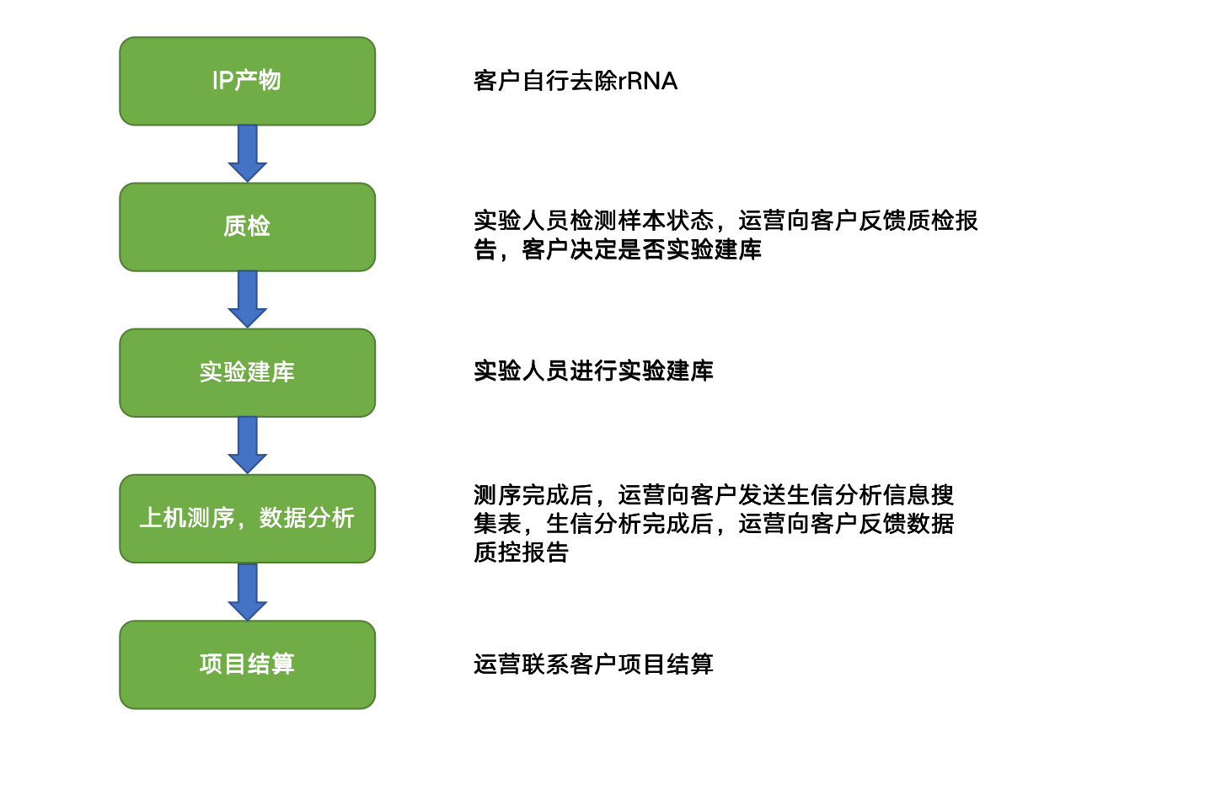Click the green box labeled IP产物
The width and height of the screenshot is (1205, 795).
pyautogui.click(x=248, y=81)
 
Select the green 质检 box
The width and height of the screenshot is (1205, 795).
pyautogui.click(x=248, y=227)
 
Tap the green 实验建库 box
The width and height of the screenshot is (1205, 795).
pyautogui.click(x=248, y=373)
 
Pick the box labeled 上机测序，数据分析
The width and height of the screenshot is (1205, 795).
pyautogui.click(x=248, y=519)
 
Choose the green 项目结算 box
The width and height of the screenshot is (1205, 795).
pyautogui.click(x=248, y=665)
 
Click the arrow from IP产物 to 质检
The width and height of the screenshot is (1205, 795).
pyautogui.click(x=248, y=154)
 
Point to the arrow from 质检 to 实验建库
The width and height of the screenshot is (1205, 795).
pyautogui.click(x=248, y=300)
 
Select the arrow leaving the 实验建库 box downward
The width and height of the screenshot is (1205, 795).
pyautogui.click(x=248, y=445)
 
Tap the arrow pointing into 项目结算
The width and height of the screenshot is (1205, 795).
pyautogui.click(x=248, y=592)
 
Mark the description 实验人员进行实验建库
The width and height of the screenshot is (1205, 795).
pyautogui.click(x=593, y=371)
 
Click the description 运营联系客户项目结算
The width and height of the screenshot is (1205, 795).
pyautogui.click(x=593, y=664)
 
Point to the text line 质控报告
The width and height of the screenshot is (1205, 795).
pyautogui.click(x=521, y=552)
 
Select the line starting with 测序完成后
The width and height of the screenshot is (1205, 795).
pyautogui.click(x=714, y=495)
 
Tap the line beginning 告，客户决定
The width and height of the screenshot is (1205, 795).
pyautogui.click(x=618, y=249)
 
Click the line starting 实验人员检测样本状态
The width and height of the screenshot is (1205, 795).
pyautogui.click(x=726, y=221)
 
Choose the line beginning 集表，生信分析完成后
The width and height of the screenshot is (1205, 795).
pyautogui.click(x=714, y=524)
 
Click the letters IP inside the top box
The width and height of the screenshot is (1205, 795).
pyautogui.click(x=223, y=81)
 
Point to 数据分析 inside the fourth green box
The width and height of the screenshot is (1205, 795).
pyautogui.click(x=307, y=518)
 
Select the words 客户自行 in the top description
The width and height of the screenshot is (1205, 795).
pyautogui.click(x=521, y=81)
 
